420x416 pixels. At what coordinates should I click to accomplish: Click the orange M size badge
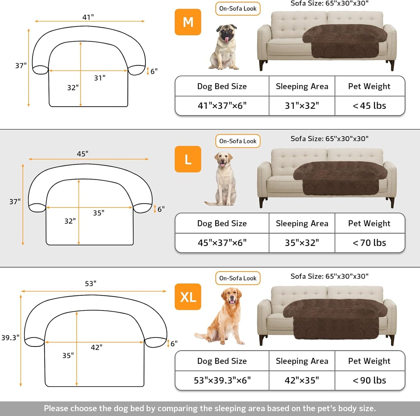pyautogui.click(x=188, y=22)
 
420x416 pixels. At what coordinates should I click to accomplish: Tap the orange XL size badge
pyautogui.click(x=188, y=297)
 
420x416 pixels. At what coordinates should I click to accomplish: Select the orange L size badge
pyautogui.click(x=188, y=159)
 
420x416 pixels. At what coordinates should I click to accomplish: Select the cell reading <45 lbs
pyautogui.click(x=369, y=106)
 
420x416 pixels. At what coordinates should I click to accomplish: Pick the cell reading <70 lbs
pyautogui.click(x=369, y=243)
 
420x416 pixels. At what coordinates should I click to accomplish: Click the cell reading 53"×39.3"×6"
pyautogui.click(x=222, y=380)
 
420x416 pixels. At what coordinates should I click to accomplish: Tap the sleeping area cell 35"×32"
pyautogui.click(x=302, y=243)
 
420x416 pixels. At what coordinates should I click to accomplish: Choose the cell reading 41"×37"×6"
pyautogui.click(x=222, y=106)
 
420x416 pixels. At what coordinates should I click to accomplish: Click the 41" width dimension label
pyautogui.click(x=88, y=17)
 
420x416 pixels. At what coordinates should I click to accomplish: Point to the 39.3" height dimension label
pyautogui.click(x=10, y=338)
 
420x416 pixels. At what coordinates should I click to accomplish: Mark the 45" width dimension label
pyautogui.click(x=83, y=154)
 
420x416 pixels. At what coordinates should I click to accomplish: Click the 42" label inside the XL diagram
pyautogui.click(x=96, y=347)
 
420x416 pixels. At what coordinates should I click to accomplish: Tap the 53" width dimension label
pyautogui.click(x=91, y=283)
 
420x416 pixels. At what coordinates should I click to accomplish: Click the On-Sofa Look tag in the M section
pyautogui.click(x=238, y=9)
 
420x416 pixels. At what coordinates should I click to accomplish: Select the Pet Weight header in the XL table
pyautogui.click(x=369, y=361)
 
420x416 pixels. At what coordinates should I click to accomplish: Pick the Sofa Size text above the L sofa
pyautogui.click(x=329, y=139)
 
